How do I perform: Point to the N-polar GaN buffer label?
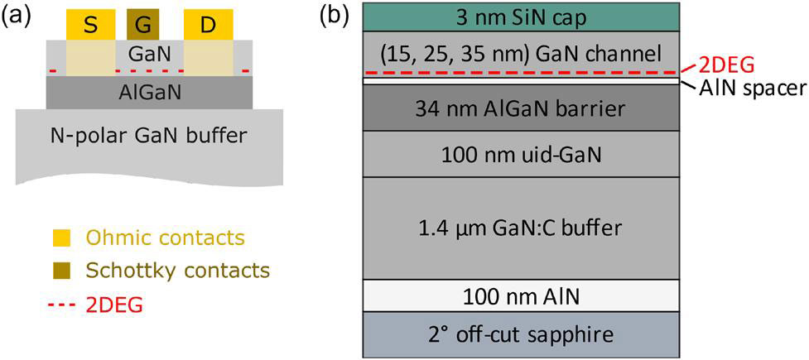(149, 135)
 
